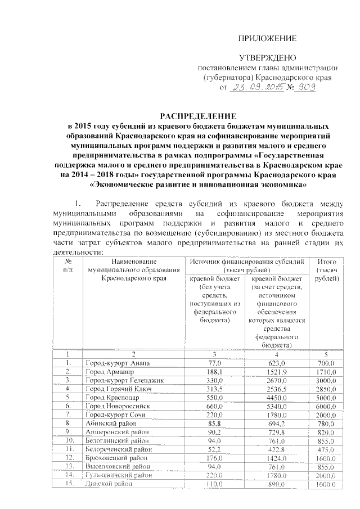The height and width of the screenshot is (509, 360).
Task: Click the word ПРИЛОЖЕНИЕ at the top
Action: (x=268, y=38)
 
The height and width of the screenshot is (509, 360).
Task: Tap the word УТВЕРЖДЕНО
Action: (x=268, y=58)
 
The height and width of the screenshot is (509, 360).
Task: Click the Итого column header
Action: (x=327, y=270)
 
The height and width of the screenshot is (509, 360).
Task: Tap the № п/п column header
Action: (x=68, y=265)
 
